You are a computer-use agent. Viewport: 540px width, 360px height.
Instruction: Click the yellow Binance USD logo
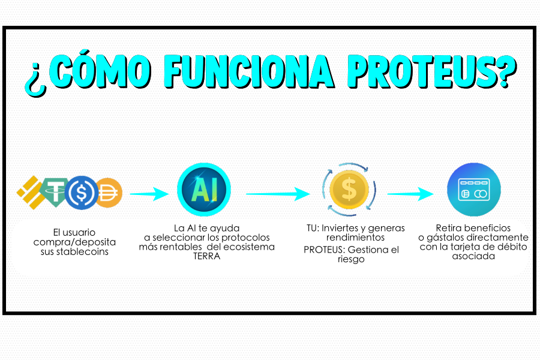point(31,192)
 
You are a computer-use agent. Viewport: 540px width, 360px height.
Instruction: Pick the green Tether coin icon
point(55,192)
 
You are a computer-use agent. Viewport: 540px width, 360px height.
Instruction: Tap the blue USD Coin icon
point(81,193)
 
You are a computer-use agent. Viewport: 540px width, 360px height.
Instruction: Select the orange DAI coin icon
point(109,193)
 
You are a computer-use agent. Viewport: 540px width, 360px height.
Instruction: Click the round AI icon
point(204,190)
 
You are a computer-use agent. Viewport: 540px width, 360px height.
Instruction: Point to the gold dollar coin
point(349,189)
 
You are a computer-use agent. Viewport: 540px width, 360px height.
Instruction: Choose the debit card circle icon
point(474,190)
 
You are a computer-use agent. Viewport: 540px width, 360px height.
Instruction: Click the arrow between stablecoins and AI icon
point(149,194)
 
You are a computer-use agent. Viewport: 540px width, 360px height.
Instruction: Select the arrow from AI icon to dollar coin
point(278,194)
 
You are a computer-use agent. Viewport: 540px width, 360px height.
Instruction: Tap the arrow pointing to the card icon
point(410,194)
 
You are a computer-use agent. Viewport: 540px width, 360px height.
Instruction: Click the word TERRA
point(206,256)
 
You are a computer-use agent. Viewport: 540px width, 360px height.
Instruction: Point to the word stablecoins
point(82,252)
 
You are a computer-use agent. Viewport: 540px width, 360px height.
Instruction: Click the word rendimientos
point(355,238)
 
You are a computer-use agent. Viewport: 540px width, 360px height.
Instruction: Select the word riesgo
point(351,259)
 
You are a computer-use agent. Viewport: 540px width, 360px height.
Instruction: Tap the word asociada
point(473,256)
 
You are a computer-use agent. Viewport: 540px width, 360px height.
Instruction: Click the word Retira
point(448,228)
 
